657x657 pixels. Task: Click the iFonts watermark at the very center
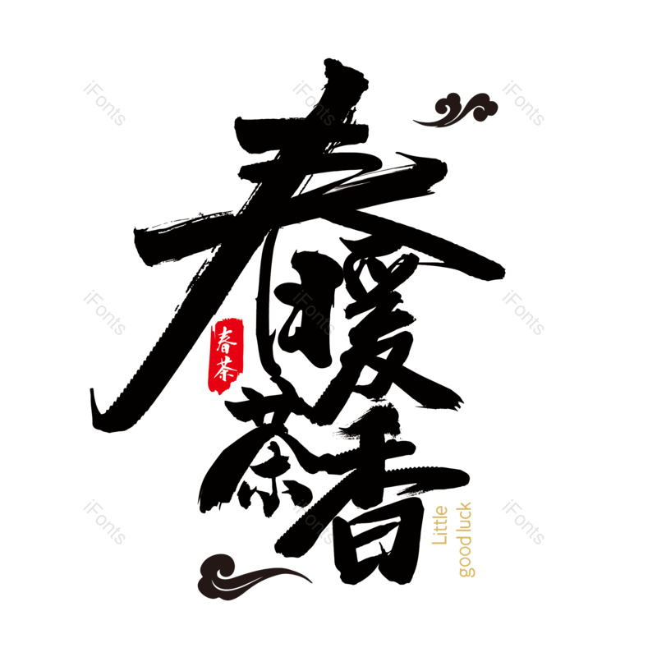click(x=314, y=313)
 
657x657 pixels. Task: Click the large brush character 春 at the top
click(x=320, y=205)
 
